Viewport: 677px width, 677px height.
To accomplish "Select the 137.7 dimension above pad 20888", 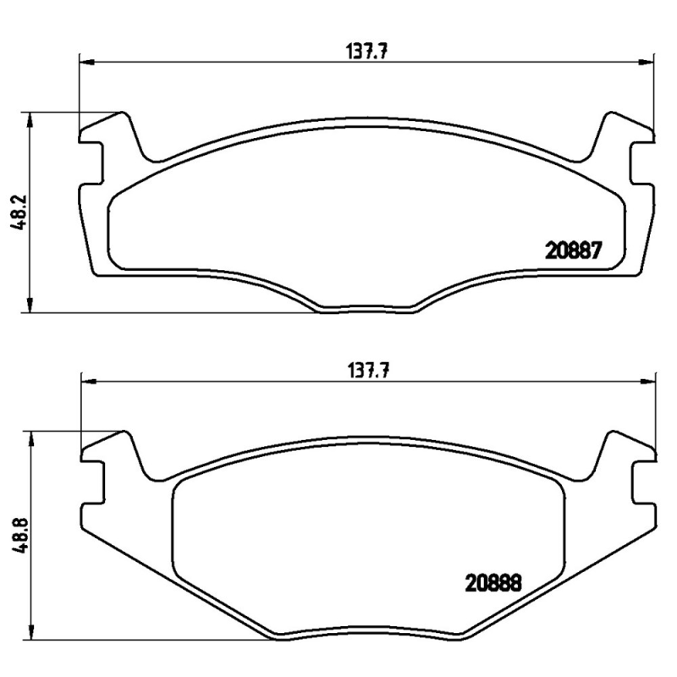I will coord(369,370).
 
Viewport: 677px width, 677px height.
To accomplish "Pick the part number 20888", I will coord(491,583).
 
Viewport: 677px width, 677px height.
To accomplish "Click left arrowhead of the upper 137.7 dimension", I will coord(85,62).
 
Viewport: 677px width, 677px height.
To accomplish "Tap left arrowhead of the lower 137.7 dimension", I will coord(85,381).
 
